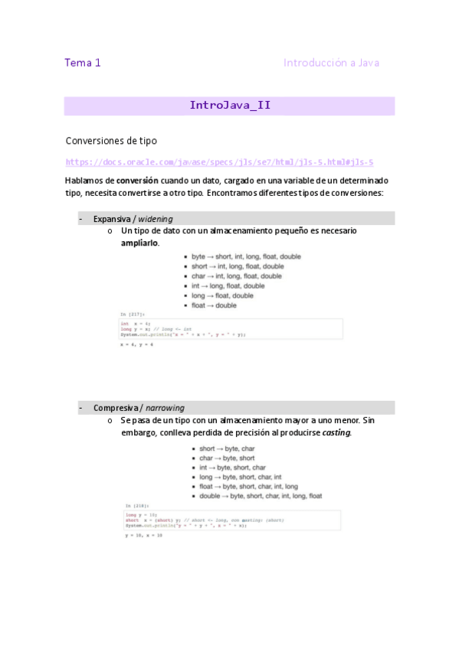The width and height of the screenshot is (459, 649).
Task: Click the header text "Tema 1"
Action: [83, 63]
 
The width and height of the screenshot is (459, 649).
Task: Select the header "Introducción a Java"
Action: [331, 63]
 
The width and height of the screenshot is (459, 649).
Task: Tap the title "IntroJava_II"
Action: [229, 106]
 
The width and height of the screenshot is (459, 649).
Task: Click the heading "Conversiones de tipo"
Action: [111, 141]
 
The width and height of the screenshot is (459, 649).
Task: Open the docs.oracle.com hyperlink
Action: [219, 162]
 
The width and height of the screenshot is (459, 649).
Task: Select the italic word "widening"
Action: [156, 219]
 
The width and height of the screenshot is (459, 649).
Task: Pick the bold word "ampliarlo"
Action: [140, 243]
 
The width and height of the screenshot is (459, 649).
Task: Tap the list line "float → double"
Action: [214, 305]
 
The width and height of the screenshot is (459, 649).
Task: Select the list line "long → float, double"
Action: [222, 295]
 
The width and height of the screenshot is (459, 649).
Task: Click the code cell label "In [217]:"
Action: [132, 315]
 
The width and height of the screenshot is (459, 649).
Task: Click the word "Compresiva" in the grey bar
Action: [116, 408]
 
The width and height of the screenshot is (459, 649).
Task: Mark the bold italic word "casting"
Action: [336, 432]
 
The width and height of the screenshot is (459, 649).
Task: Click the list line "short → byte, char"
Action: [227, 448]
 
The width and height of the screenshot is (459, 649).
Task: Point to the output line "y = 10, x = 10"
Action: [144, 536]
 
